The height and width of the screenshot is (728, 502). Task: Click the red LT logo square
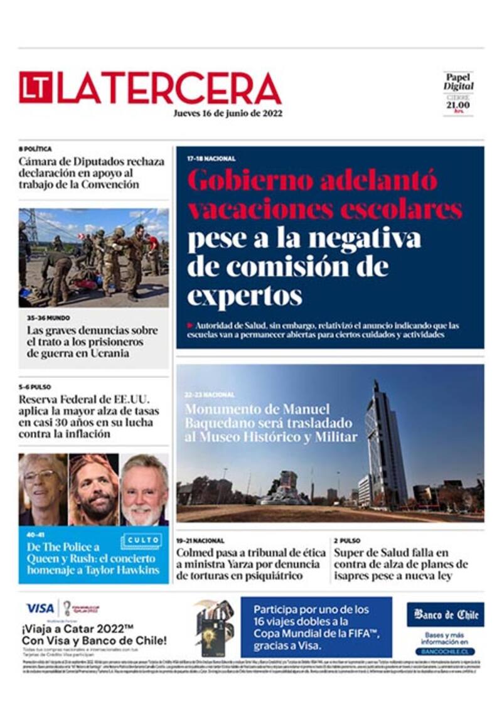(35, 87)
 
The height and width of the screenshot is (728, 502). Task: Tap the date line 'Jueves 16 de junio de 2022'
(228, 114)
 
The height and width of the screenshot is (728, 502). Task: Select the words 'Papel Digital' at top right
(459, 82)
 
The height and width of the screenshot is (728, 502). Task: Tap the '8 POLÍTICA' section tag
(35, 149)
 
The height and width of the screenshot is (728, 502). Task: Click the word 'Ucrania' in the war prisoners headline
(110, 353)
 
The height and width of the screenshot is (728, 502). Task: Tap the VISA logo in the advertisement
(40, 608)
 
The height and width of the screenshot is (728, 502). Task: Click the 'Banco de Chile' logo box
(445, 614)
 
